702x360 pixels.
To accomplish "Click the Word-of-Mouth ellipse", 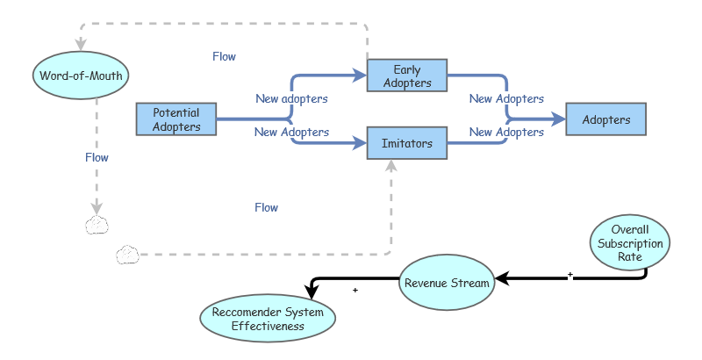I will coord(82,76).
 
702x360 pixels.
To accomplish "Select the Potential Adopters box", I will coord(176,119).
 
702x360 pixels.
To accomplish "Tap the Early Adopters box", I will coord(407,76).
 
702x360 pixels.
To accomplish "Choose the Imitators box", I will coord(407,143).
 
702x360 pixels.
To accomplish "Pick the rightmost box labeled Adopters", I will coord(606,119).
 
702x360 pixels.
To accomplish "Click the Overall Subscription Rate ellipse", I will coord(628,242).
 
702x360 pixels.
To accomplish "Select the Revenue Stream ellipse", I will coord(447,283).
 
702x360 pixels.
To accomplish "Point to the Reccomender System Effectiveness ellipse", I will coord(268,319).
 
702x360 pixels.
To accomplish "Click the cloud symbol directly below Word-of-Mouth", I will coord(97,225).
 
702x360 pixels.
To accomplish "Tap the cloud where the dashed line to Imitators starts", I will coord(128,256).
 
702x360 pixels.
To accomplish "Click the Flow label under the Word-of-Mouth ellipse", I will coord(97,158).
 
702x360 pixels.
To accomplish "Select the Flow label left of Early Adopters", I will coord(224,56).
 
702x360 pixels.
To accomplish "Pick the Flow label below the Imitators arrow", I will coord(266,208).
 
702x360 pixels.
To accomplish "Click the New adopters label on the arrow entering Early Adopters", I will coord(291,98).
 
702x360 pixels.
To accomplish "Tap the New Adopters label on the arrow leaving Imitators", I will coord(506,133).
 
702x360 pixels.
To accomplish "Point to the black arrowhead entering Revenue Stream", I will coord(502,282).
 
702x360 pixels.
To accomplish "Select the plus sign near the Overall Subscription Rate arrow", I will coord(569,275).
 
